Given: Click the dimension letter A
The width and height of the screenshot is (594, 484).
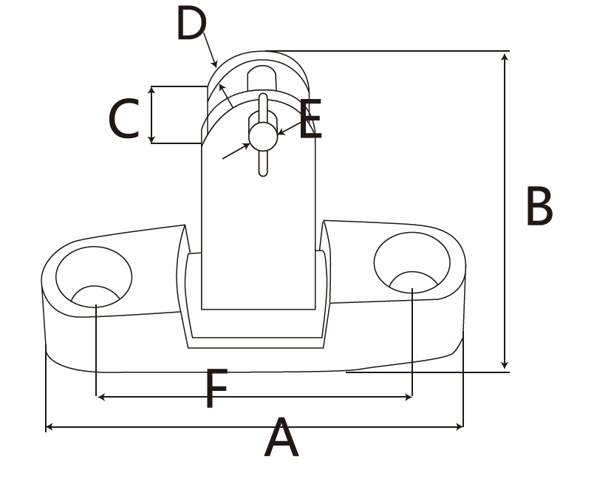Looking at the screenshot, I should (281, 439).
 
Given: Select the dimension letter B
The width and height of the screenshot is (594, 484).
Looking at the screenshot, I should (539, 207).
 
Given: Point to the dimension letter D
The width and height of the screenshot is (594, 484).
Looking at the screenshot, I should (191, 24).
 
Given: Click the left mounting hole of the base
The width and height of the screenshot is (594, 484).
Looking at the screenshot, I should (94, 277).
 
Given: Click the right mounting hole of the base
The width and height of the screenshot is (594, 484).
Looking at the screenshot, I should (412, 263).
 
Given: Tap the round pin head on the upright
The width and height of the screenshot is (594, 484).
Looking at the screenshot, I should (262, 134).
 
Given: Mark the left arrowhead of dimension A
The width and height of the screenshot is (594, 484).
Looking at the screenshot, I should (49, 426).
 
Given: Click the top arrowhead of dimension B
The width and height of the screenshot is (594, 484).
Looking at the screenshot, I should (505, 56).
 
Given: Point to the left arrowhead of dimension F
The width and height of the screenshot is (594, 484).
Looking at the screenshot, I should (102, 398).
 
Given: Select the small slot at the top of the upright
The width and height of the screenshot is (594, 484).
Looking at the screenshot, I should (261, 77).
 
